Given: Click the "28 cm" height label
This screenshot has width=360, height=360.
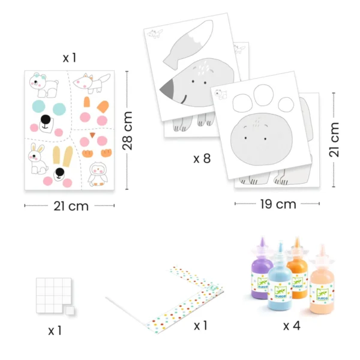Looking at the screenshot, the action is click(x=127, y=131).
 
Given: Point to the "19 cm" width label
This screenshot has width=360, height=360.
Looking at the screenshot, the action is click(x=278, y=204).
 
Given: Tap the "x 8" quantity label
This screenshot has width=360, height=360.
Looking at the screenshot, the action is click(x=202, y=158).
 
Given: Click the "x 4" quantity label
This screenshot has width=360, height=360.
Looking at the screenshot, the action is click(x=292, y=326).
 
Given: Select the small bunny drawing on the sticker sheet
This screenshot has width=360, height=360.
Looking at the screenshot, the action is click(x=37, y=159).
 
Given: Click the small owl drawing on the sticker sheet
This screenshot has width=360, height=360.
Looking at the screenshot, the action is click(x=98, y=174).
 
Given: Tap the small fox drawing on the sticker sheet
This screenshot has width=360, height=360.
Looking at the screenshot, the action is click(x=92, y=83).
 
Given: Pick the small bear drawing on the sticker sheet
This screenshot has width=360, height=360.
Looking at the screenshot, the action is click(x=44, y=85).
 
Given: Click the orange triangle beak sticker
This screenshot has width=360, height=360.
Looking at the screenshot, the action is click(x=92, y=135).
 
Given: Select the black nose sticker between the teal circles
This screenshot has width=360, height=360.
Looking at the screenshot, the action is click(x=46, y=119).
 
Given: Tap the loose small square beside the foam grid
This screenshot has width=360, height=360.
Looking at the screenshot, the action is click(x=70, y=310).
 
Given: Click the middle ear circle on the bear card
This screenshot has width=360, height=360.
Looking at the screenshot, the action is click(x=263, y=95).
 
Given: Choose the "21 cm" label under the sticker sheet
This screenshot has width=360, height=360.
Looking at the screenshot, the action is click(x=71, y=206).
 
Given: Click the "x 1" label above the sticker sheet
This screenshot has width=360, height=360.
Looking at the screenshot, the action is click(x=70, y=58).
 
